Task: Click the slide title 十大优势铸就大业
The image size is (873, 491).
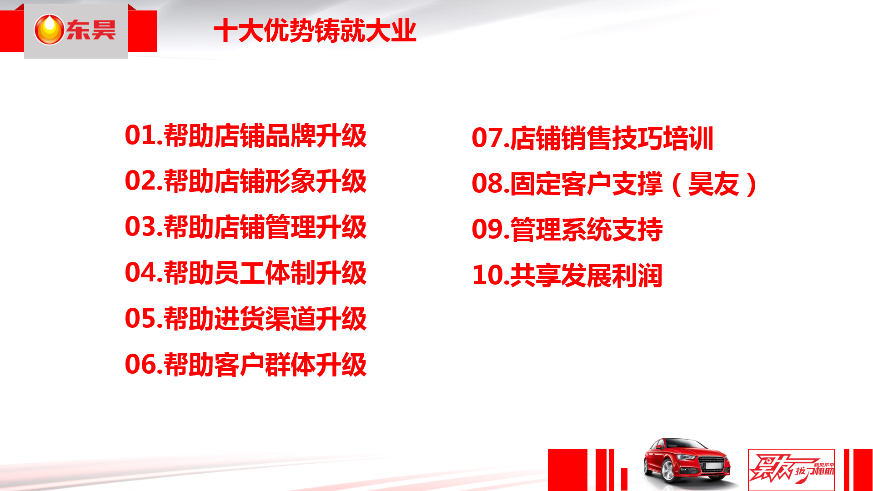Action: point(315,31)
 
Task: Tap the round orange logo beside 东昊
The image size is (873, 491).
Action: point(49,30)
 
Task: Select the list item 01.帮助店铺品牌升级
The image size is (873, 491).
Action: point(246,135)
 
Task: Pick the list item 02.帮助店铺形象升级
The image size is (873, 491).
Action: point(246,181)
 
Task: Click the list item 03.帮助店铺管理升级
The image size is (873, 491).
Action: point(246,227)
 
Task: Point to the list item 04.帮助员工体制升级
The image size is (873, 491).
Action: point(246,273)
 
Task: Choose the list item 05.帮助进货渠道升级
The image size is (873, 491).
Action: point(246,318)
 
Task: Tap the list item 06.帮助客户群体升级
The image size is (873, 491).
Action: point(246,364)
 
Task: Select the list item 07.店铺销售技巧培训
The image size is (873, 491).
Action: point(592,138)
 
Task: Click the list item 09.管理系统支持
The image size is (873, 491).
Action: point(567,229)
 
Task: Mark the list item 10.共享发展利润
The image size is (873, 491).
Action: point(567,275)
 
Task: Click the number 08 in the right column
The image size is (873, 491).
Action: point(487,184)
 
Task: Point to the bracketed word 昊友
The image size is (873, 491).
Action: point(714,184)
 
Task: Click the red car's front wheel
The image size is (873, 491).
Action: point(669,471)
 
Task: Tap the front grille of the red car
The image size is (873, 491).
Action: point(713,464)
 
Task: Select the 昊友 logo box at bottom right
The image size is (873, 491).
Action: point(791,470)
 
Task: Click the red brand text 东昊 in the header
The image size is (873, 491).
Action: point(91,30)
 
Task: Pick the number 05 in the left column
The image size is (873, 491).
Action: point(140,318)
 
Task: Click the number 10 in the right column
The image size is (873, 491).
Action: point(487,275)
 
